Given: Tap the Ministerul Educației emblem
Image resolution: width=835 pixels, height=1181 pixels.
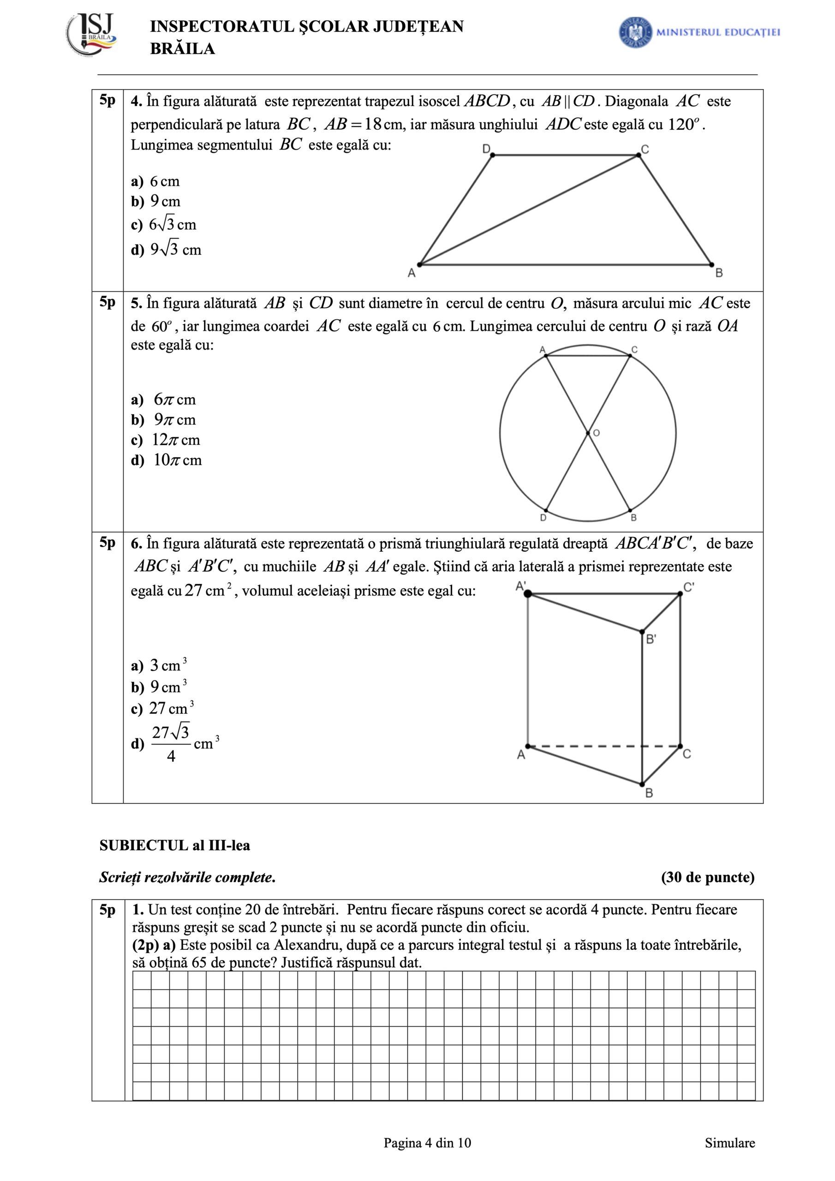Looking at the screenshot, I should pos(635,32).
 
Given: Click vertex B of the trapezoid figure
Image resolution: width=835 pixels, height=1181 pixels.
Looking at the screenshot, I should pos(711,265).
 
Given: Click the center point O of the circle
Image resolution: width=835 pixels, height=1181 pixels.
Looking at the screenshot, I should pos(588,433).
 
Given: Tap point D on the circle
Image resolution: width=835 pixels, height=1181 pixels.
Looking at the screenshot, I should pos(545,511).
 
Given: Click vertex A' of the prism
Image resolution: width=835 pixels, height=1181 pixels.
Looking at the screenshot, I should pos(528,594).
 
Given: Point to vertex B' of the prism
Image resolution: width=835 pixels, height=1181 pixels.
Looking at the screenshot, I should pos(642,631).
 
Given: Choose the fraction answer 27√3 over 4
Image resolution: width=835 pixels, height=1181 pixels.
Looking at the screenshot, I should pos(171,743).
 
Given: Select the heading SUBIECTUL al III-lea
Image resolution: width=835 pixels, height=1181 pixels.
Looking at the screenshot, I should pos(174,846).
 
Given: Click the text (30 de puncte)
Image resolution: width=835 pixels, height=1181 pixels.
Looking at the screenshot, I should pos(707,877).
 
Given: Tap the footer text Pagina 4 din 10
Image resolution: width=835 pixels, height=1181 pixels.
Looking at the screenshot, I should pos(427,1143).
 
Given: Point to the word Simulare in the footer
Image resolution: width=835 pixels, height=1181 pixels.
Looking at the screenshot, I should pos(729,1143).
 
